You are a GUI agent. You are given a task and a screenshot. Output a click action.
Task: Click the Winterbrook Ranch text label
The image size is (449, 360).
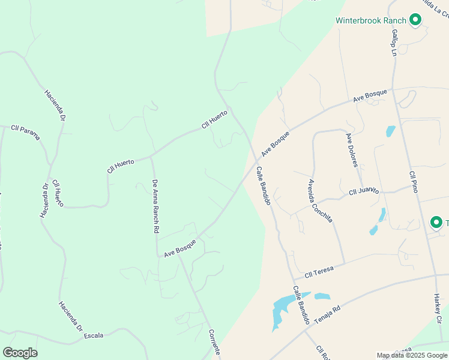[x=371, y=20]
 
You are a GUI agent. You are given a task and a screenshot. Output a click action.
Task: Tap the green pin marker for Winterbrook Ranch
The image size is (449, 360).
[x=415, y=20]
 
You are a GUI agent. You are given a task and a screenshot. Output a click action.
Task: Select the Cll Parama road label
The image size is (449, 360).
[x=25, y=132]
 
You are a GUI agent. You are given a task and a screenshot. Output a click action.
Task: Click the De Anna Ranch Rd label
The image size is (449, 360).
[x=155, y=206]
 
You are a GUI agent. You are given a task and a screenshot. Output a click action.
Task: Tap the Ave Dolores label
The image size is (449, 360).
[x=352, y=149]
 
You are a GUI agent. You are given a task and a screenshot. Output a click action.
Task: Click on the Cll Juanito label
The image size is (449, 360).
[x=364, y=191]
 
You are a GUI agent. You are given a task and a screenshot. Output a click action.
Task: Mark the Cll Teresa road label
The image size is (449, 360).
[x=319, y=273]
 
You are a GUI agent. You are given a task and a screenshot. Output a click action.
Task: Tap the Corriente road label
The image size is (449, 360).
[x=215, y=343]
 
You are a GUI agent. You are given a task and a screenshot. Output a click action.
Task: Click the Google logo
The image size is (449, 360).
[x=20, y=352]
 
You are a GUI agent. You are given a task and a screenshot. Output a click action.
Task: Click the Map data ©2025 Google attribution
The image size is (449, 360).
[x=412, y=355]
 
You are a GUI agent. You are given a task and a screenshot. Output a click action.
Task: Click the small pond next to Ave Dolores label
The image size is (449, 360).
[x=391, y=131]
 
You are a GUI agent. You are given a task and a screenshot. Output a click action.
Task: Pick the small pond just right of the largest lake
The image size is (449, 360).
[x=322, y=296]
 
